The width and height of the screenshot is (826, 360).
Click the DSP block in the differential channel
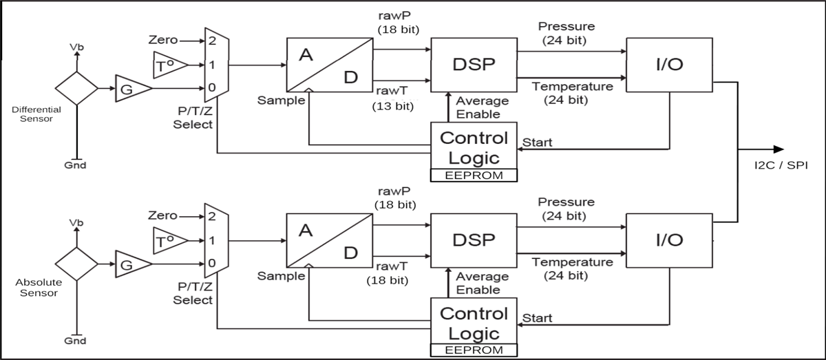[x=473, y=65]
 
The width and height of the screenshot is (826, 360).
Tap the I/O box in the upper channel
[x=668, y=65]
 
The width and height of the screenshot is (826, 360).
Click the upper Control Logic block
[x=473, y=146]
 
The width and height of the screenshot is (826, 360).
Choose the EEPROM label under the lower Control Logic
[x=473, y=350]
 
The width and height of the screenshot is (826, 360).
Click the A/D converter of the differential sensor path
[x=329, y=65]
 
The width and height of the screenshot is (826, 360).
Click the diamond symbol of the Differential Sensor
[x=76, y=88]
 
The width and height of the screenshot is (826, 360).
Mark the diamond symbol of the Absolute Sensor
[x=76, y=263]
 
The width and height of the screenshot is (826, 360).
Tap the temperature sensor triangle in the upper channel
[x=165, y=65]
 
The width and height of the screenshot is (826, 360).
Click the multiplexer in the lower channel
[x=216, y=240]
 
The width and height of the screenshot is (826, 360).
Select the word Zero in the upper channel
[x=162, y=41]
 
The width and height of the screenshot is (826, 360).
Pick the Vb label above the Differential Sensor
[x=76, y=47]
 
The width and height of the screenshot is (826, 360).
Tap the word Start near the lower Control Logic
[x=538, y=318]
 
